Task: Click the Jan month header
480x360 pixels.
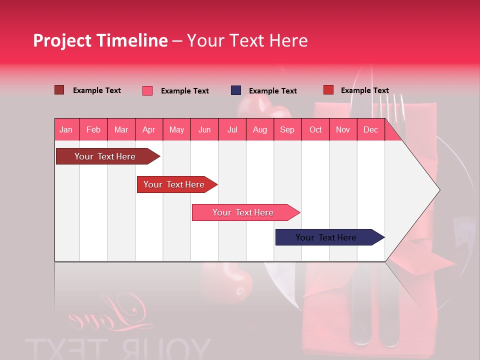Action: click(66, 129)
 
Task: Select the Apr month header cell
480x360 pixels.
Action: click(148, 129)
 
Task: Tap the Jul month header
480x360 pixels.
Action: click(232, 129)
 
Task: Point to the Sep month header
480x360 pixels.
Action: click(287, 129)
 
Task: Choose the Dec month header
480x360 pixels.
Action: click(370, 129)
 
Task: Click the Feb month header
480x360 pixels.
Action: click(93, 129)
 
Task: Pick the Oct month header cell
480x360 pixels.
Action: click(315, 129)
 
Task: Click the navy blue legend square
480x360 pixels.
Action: click(236, 90)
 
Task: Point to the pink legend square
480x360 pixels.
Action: click(147, 90)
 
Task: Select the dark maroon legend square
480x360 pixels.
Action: click(59, 90)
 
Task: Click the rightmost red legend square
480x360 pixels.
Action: click(328, 90)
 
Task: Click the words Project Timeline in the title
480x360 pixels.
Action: click(100, 40)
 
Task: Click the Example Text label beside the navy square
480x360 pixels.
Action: click(272, 91)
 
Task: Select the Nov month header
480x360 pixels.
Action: click(343, 129)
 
